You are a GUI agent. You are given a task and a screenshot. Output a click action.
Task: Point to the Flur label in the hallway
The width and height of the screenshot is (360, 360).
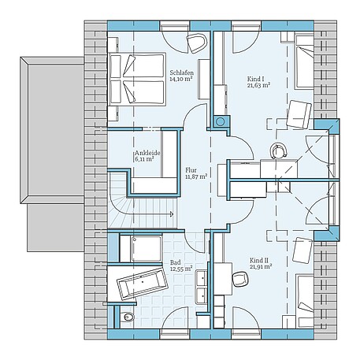191,169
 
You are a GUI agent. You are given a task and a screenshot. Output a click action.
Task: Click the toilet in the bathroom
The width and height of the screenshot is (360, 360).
128,317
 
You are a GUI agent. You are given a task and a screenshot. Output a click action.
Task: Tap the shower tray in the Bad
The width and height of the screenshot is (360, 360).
140,249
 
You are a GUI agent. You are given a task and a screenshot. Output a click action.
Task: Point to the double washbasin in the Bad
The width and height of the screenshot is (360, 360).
202,287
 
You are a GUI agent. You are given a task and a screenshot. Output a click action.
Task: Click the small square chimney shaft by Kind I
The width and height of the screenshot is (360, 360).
219,122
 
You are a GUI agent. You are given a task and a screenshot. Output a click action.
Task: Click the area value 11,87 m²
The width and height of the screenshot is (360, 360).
195,176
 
